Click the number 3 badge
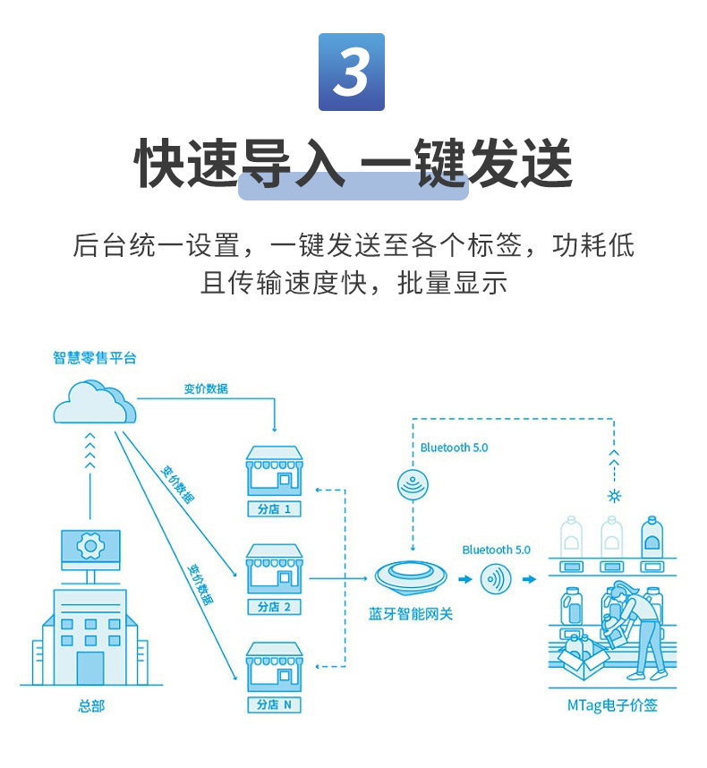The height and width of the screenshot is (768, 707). coord(351,72)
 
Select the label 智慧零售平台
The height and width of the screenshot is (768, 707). coord(94,358)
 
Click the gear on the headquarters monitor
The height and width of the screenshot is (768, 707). coord(89,544)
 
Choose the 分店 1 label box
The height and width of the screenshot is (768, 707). coord(274,509)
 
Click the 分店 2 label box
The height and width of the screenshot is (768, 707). coord(274,607)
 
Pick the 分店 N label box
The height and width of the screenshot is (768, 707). coord(274,704)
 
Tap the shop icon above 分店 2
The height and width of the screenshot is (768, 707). coord(274,569)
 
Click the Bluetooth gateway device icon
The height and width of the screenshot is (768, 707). coord(411,576)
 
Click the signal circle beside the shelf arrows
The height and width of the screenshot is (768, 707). coord(495,579)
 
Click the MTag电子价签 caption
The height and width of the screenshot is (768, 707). coord(612,705)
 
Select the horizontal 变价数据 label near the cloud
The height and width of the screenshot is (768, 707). coord(206,388)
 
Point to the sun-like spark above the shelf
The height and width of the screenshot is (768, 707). coord(614,495)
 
